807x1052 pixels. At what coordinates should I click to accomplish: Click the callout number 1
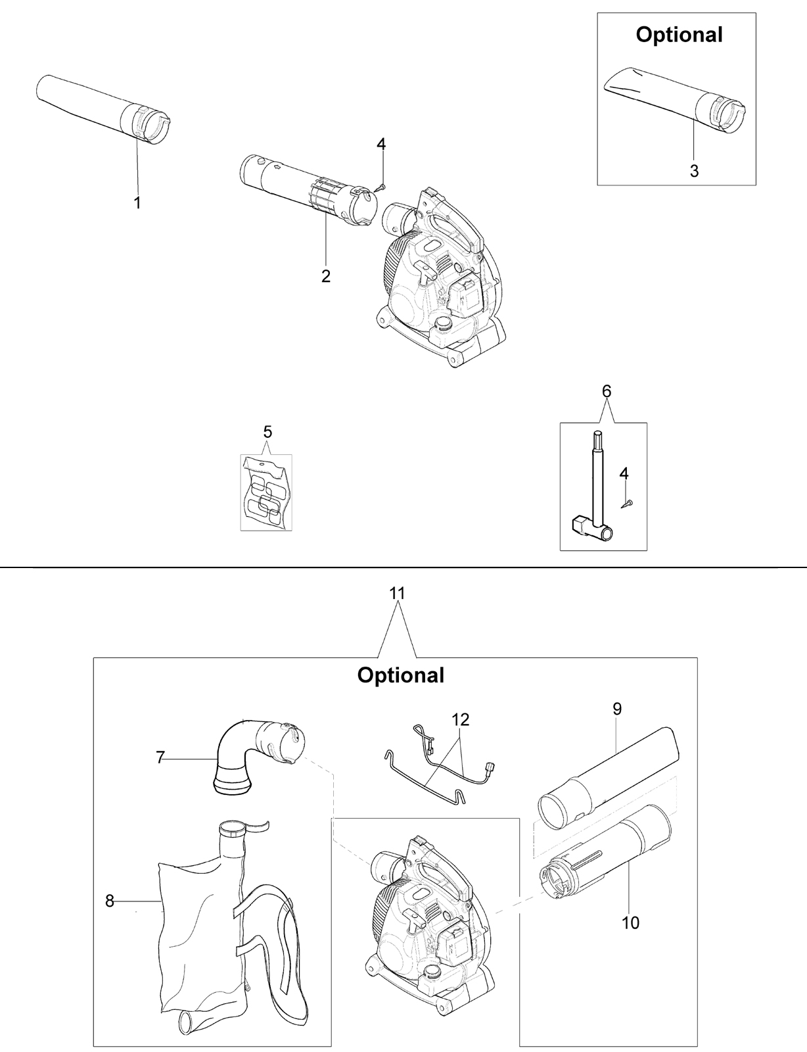[137, 203]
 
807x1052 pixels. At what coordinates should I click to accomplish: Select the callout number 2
[326, 276]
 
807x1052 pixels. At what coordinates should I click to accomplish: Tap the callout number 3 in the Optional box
[694, 170]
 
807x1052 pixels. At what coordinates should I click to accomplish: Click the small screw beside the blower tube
[380, 186]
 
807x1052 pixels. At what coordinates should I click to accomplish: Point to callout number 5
[267, 431]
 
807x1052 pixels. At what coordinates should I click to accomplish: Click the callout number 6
[607, 391]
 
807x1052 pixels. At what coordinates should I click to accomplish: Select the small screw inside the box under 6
[627, 504]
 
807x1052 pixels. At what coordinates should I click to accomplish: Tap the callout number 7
[160, 757]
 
